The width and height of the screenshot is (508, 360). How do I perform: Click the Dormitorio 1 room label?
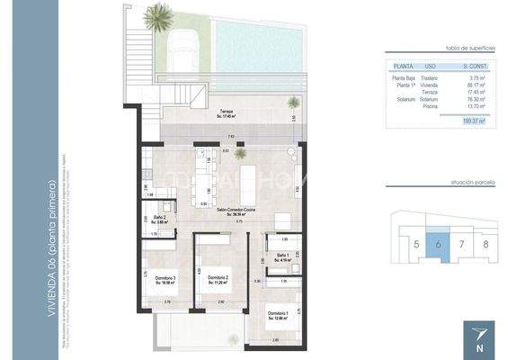pos(278,315)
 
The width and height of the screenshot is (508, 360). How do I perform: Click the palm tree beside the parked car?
pos(160,15)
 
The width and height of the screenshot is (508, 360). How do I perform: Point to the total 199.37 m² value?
pos(472,120)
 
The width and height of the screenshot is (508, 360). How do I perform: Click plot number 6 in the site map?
pos(437,244)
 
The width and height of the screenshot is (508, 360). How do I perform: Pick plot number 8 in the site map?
pos(486,244)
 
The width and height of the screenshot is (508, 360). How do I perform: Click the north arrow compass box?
pos(477,338)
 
